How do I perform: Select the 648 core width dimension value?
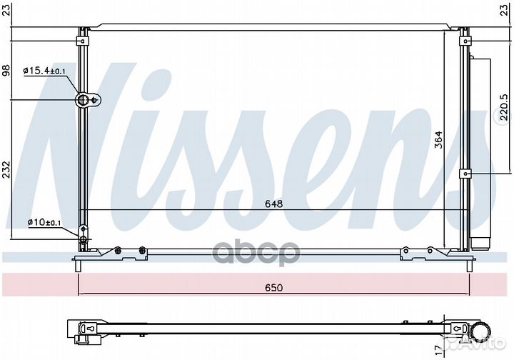(274, 204)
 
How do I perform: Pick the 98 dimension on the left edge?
(6, 70)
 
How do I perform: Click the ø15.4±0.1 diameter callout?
(44, 70)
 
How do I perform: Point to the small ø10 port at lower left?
(84, 231)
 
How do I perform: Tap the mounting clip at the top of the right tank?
(464, 31)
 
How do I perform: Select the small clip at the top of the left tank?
(84, 31)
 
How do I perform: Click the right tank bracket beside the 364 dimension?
(465, 173)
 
